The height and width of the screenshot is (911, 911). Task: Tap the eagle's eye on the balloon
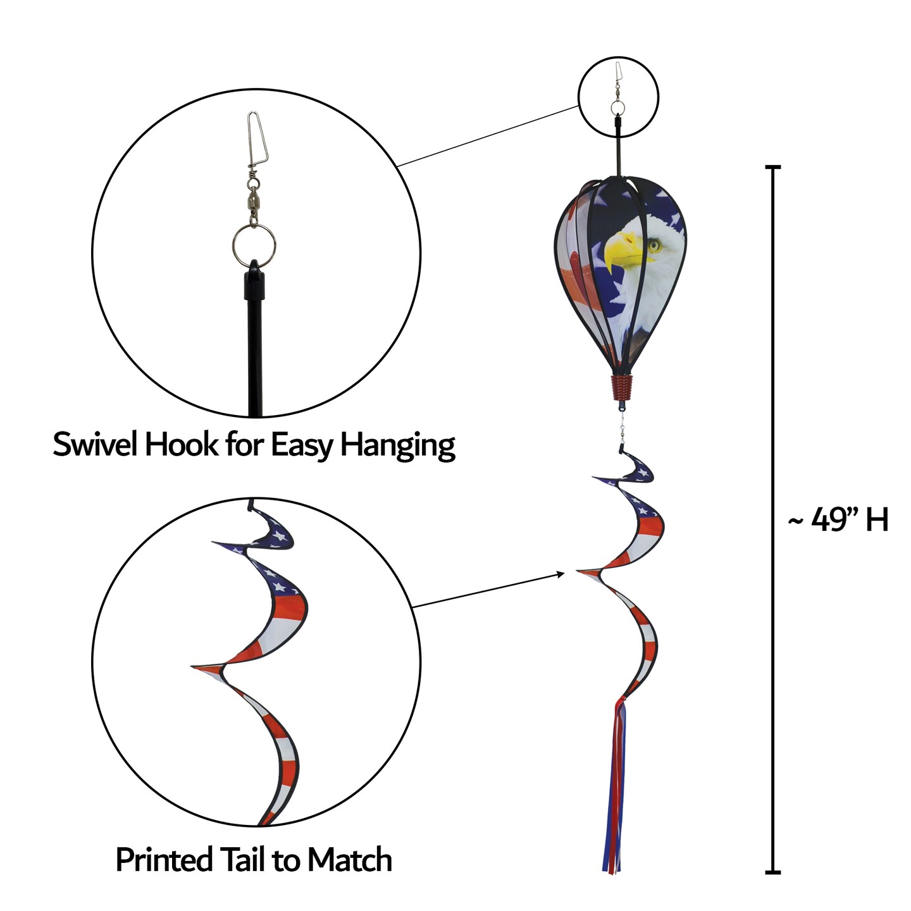pyautogui.click(x=654, y=243)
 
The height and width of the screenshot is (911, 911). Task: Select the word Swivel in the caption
pyautogui.click(x=96, y=444)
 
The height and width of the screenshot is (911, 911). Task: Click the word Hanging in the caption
pyautogui.click(x=398, y=445)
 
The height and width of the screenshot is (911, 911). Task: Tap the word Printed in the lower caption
pyautogui.click(x=164, y=860)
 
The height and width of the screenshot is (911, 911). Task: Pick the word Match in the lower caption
pyautogui.click(x=349, y=860)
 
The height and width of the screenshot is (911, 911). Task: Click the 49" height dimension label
pyautogui.click(x=838, y=520)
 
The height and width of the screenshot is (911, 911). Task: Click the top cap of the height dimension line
pyautogui.click(x=772, y=168)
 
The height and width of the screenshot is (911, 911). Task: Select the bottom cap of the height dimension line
pyautogui.click(x=772, y=872)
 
